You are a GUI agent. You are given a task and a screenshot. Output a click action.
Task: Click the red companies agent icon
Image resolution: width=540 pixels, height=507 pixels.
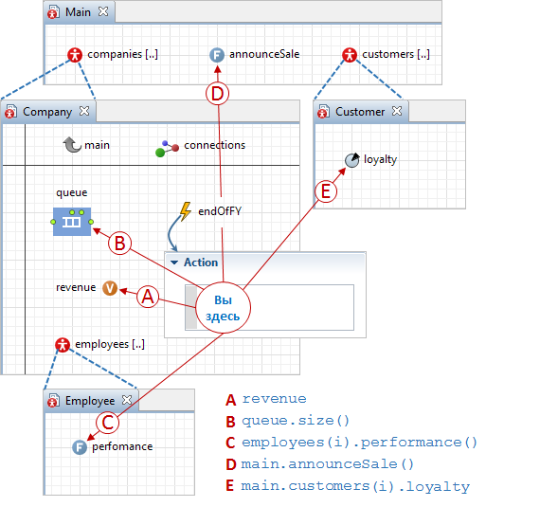click(x=75, y=54)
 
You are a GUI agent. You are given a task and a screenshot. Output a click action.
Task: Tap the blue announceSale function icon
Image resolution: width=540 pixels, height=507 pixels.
click(x=217, y=55)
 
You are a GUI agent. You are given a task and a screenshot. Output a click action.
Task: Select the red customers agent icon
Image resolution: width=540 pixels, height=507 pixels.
click(x=350, y=55)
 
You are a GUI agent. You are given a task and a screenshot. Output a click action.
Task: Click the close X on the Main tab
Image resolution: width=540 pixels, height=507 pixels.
click(x=103, y=11)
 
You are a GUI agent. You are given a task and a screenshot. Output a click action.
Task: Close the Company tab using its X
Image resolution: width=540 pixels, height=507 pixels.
click(x=84, y=111)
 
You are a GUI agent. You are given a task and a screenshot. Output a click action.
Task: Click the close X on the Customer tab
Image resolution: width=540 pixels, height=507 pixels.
click(x=397, y=111)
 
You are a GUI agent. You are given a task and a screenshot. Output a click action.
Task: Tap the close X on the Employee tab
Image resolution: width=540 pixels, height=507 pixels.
click(x=127, y=400)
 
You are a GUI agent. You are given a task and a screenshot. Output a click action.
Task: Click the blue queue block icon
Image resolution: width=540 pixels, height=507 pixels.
click(x=72, y=222)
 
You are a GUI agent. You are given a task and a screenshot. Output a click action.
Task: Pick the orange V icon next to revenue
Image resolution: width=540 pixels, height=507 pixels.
click(x=110, y=288)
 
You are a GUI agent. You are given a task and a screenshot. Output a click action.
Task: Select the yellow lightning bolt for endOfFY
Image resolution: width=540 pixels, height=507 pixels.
click(x=186, y=211)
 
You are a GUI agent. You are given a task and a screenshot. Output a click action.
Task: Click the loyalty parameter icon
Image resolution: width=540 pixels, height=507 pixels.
click(x=352, y=160)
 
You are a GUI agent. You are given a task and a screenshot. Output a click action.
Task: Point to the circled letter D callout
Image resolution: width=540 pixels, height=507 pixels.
click(x=217, y=94)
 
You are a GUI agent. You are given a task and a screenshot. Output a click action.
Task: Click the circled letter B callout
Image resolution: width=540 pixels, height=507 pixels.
click(x=120, y=244)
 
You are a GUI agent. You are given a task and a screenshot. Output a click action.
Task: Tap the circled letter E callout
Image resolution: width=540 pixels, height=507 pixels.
click(x=326, y=191)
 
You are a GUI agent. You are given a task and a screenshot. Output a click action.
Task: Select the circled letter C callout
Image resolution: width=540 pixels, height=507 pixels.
click(x=108, y=423)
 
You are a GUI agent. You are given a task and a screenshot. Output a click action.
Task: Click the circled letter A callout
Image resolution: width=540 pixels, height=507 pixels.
click(x=148, y=297)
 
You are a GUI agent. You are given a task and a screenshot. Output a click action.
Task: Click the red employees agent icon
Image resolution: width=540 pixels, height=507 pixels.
click(x=63, y=344)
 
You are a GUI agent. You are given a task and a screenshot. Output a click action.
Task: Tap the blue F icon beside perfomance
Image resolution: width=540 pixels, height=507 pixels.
click(x=80, y=447)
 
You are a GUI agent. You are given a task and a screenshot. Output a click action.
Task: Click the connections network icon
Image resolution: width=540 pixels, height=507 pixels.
click(x=167, y=149)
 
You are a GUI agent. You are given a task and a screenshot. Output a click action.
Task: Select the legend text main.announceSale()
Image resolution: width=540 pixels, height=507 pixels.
click(x=327, y=464)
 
